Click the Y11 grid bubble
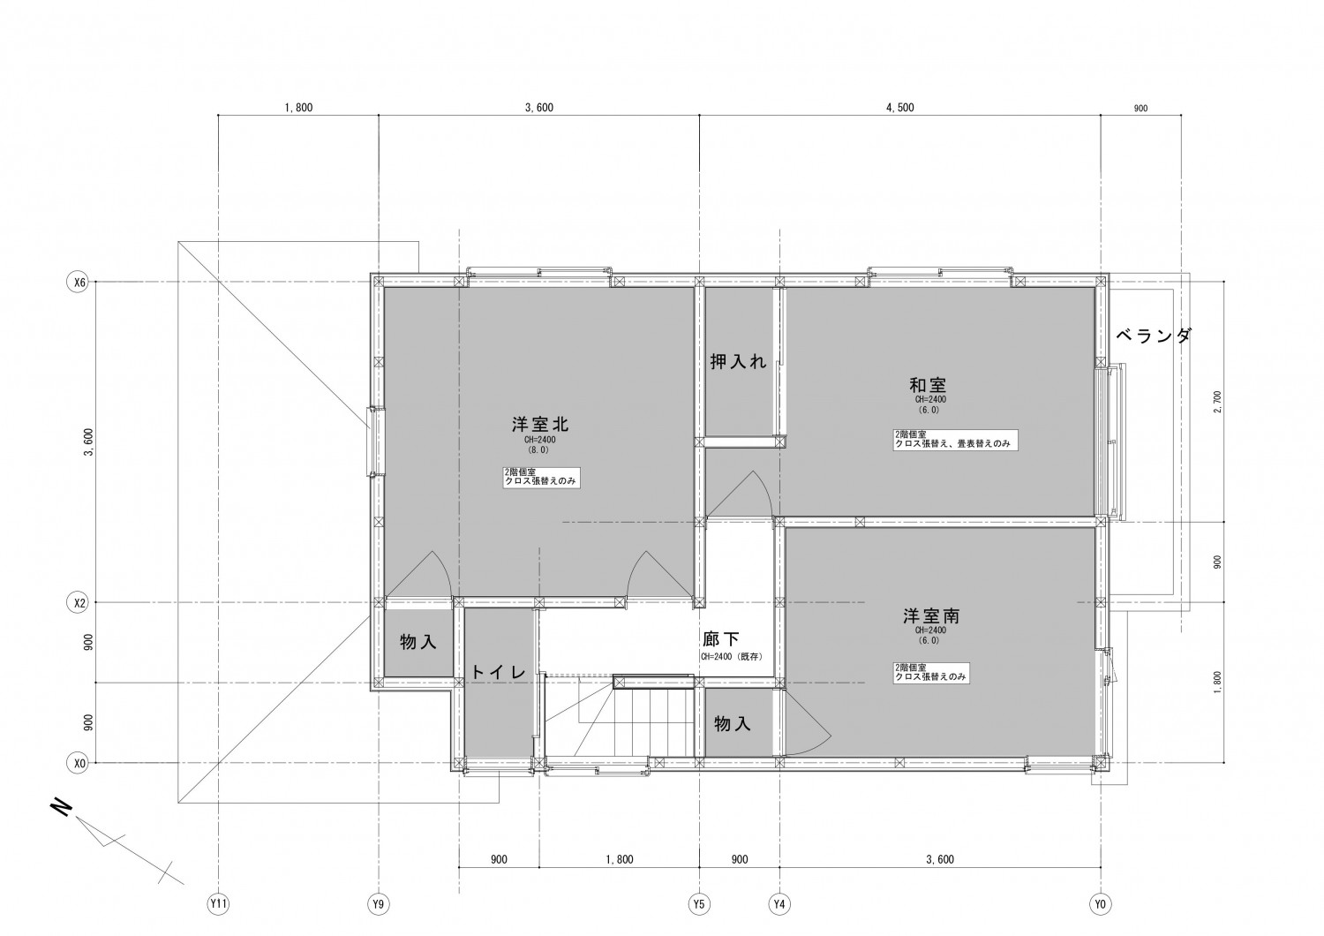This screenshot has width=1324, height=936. (218, 904)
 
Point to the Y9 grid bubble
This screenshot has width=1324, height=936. (379, 904)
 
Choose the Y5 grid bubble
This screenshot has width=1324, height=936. (699, 904)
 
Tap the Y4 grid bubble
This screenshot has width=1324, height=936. (779, 904)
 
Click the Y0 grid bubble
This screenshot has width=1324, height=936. (1100, 904)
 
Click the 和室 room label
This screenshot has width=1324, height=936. (928, 386)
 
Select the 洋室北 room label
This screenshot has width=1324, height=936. (540, 424)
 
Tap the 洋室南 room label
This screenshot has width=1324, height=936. (931, 616)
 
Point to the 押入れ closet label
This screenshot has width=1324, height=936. (738, 361)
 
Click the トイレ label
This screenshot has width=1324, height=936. (499, 672)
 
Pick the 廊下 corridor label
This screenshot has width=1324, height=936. (721, 638)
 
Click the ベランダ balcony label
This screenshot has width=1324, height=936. (1153, 336)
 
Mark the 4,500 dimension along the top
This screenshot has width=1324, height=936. (899, 108)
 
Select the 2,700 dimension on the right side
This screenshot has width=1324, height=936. (1216, 402)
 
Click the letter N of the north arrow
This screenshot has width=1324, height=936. (62, 808)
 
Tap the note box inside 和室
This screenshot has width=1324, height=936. (955, 440)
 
